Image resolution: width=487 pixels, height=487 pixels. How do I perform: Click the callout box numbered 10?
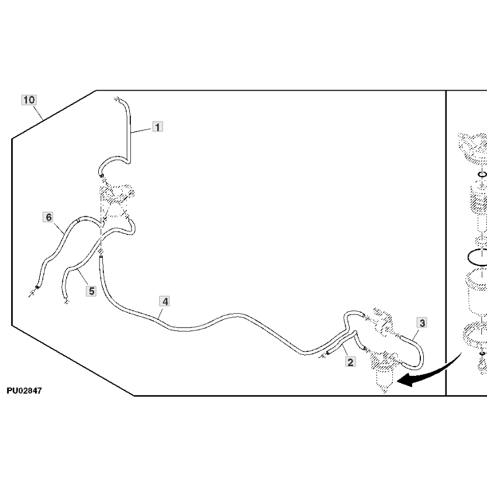click(29, 99)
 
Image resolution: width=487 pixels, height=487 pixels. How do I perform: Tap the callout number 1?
click(158, 126)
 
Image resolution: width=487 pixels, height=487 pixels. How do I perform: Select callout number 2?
click(350, 362)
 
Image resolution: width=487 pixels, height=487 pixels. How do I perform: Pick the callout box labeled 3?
click(422, 322)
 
